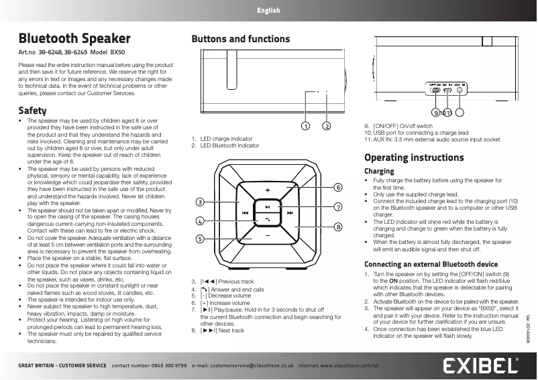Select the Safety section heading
pos(33,110)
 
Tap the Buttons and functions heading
pos(241,39)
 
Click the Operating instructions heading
pos(413,157)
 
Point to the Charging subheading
pos(379,172)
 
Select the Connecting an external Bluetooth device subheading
pos(430,264)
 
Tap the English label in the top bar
pos(268,11)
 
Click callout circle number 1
pos(305,125)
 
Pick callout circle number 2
pos(327,125)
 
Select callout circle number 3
pos(200,202)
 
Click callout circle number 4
pos(200,220)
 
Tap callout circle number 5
pos(200,239)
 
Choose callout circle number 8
pos(338,227)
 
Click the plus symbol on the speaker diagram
pos(267,190)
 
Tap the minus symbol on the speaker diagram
pos(267,237)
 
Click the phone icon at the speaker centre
pos(267,220)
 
